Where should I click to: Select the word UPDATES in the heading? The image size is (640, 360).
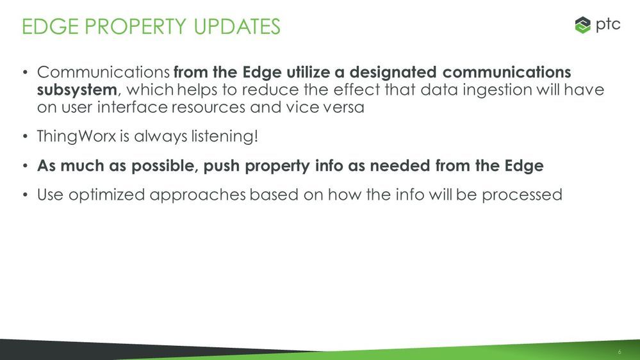237,26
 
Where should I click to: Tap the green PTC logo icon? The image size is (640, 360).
582,26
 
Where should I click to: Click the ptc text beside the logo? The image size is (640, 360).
608,25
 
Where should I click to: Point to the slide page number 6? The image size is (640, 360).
619,352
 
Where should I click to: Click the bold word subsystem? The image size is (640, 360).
77,90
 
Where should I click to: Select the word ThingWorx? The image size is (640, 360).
77,136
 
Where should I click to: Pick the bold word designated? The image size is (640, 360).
393,72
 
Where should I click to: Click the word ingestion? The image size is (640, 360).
496,90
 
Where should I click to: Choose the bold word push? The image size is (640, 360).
221,166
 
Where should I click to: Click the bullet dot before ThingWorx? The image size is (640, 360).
26,136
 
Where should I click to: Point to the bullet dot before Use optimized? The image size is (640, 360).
26,195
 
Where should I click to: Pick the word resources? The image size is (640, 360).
209,108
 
